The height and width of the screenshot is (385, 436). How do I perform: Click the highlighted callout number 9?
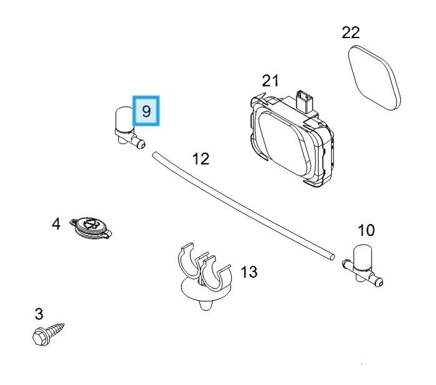[146, 112]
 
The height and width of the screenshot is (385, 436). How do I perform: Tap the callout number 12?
[201, 158]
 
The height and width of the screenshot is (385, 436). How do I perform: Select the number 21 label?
[270, 81]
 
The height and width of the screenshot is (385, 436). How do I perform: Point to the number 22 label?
[351, 32]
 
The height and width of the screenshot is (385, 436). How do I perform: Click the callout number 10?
[366, 230]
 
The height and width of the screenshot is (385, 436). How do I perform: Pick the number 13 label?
[249, 272]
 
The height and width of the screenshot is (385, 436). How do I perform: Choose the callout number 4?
[56, 223]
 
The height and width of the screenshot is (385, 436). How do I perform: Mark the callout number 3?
[39, 313]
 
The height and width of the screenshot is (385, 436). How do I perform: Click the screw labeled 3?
[50, 333]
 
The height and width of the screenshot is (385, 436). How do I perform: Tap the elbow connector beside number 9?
[125, 128]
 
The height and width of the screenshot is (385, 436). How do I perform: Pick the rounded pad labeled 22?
[373, 78]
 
